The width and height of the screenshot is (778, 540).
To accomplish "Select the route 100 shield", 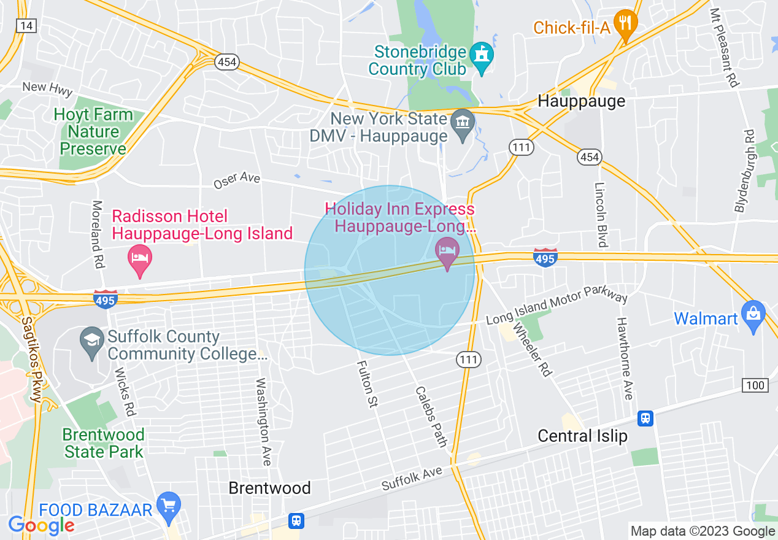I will pyautogui.click(x=755, y=385).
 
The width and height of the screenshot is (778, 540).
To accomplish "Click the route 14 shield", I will pyautogui.click(x=27, y=25).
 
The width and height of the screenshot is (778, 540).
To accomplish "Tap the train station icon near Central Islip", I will pyautogui.click(x=645, y=418).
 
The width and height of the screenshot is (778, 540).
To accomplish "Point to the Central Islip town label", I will pyautogui.click(x=582, y=436).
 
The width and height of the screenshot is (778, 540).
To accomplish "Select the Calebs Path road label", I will pyautogui.click(x=431, y=416).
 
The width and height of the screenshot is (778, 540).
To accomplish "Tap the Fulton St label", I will pyautogui.click(x=367, y=385).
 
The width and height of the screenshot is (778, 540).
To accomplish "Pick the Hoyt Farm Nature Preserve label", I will pyautogui.click(x=93, y=131).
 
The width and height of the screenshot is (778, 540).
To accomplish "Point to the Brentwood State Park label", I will pyautogui.click(x=104, y=443).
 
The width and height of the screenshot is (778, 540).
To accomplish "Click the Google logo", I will pyautogui.click(x=41, y=525).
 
